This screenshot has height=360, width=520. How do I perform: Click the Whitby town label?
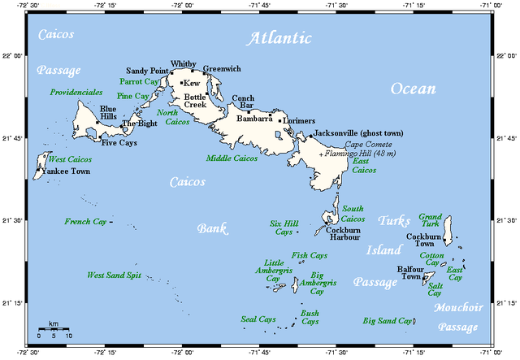point(184,63)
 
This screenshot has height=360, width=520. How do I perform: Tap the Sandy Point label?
point(147,72)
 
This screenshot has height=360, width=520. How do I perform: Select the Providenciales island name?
point(76,93)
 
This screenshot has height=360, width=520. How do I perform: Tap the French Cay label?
point(85,221)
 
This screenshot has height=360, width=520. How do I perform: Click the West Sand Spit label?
point(115,275)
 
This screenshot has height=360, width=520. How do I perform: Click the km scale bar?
point(54,329)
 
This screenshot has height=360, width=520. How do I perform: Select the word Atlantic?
point(280,38)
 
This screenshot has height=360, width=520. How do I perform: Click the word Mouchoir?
point(458,307)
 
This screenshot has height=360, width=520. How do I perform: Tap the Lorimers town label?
point(300,120)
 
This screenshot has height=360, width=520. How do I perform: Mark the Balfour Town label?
point(410,273)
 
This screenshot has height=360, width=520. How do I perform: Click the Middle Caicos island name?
point(232,158)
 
